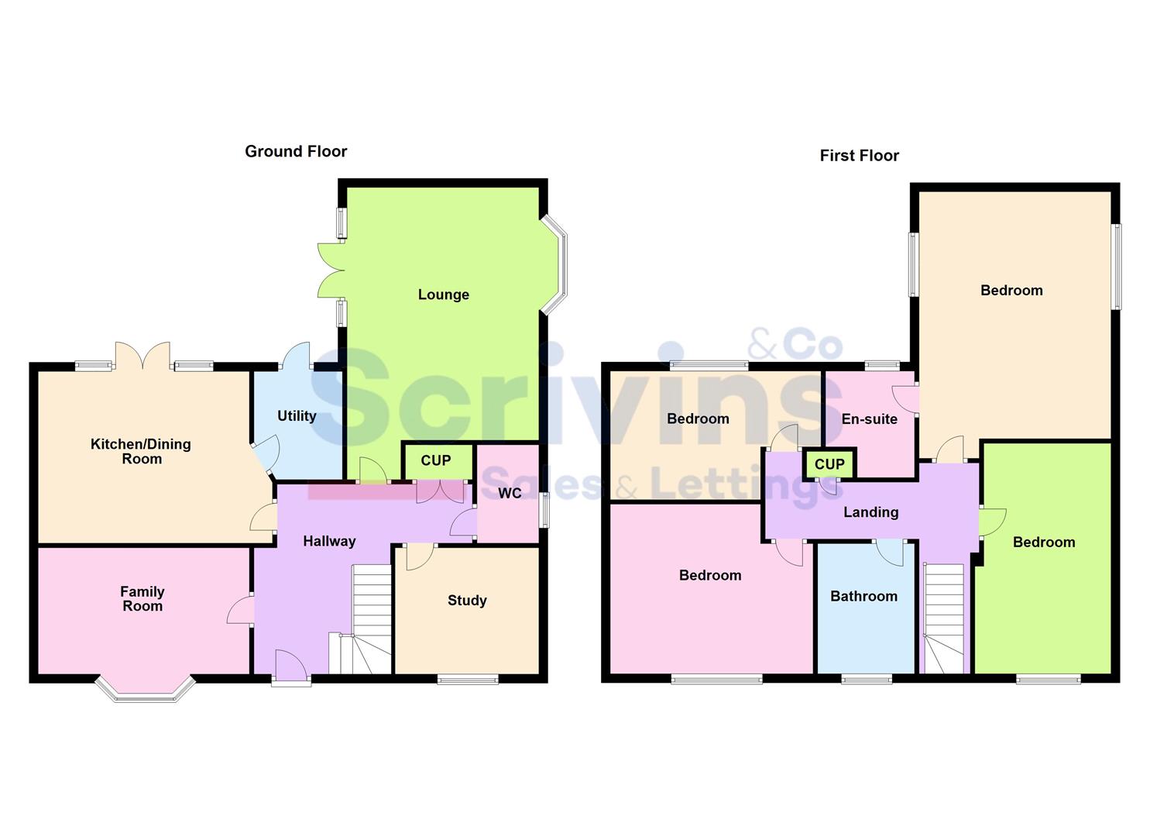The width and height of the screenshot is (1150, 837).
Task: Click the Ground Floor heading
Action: coord(296,152)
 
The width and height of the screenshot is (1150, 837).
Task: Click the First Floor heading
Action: coord(859,156)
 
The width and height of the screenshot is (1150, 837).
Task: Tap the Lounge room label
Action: coord(443,294)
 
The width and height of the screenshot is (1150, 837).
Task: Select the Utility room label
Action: coord(297,416)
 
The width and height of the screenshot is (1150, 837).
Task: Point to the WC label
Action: coord(510,494)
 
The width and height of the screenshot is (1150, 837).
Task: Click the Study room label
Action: coord(467,601)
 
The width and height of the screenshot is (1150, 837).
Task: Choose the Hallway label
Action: coord(329,542)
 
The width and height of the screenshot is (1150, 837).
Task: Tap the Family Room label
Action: coord(142,599)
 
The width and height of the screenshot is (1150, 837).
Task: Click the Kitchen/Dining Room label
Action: coord(141,451)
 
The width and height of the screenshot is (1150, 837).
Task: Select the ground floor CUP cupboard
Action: coord(436,461)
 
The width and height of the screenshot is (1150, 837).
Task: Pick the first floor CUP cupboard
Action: coord(829,464)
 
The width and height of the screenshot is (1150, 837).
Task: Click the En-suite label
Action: coord(869,419)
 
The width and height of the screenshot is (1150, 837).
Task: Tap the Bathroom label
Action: coord(863,597)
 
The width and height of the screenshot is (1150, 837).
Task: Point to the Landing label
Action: coord(870,512)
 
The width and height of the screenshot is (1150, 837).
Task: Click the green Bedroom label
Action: coord(1043,542)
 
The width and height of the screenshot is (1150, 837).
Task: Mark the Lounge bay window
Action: coord(556,264)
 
